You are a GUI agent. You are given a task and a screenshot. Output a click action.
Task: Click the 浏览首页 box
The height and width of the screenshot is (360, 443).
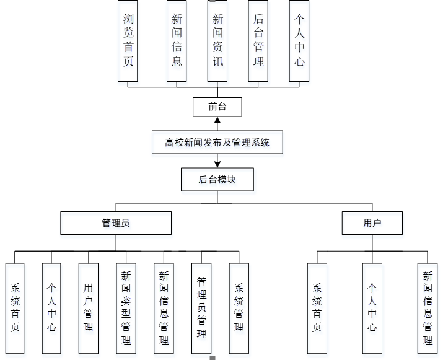pos(128,40)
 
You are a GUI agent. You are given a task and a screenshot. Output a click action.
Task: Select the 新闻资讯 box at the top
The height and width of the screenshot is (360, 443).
pos(217,40)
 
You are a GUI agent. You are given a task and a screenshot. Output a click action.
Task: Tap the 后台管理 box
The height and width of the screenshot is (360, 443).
pos(258,40)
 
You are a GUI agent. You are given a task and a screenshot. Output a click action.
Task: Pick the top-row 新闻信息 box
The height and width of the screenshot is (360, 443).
pos(177,40)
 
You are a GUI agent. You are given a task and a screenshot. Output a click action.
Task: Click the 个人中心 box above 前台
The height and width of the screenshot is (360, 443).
pos(299,40)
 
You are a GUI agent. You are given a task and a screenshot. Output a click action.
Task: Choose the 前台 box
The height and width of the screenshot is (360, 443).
pos(217,107)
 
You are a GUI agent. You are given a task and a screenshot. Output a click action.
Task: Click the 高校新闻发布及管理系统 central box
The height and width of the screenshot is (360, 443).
pos(217,143)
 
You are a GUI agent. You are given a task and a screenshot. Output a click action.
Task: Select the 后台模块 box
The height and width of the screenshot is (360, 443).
pos(217,180)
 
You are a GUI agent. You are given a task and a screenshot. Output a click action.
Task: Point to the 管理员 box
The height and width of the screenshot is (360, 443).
pos(115,223)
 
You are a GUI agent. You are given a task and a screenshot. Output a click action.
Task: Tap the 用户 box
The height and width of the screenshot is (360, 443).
pos(372,223)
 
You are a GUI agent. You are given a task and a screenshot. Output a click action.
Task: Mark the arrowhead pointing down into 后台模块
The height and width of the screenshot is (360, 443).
pos(217,164)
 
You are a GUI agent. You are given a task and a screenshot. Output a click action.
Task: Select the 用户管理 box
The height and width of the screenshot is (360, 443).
pos(89,308)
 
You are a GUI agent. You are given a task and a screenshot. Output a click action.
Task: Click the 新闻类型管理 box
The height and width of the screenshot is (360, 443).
pos(126,308)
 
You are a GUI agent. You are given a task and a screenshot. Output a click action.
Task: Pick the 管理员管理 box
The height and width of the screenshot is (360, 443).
pos(201,308)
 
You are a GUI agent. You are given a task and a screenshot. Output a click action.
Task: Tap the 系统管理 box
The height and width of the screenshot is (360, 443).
pos(239,308)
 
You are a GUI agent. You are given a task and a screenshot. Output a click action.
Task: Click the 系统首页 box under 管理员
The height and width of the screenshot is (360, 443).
pos(15,308)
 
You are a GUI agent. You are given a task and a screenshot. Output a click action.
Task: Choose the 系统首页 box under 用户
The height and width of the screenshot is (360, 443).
pos(317,308)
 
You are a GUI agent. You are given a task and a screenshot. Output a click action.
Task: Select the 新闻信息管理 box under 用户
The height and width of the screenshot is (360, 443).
pos(428,308)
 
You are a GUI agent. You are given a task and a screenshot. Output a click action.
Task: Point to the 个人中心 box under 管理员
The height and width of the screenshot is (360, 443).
pos(52,308)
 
